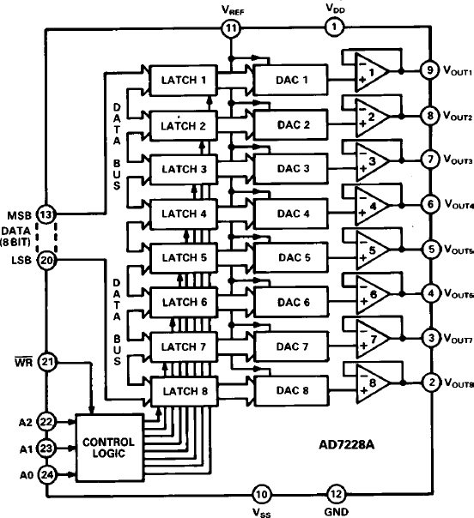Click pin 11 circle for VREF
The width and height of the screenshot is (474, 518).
(x=230, y=28)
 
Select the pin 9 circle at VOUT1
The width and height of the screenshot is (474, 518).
(x=425, y=70)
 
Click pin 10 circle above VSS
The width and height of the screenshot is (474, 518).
(x=262, y=494)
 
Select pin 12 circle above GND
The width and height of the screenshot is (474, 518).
(x=336, y=494)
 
